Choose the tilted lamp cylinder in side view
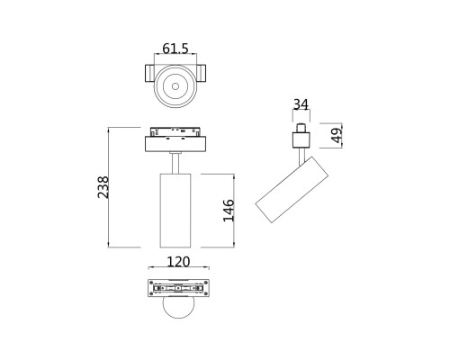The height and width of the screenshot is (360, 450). click(x=291, y=187)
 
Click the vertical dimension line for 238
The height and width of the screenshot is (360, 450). click(x=111, y=186)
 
